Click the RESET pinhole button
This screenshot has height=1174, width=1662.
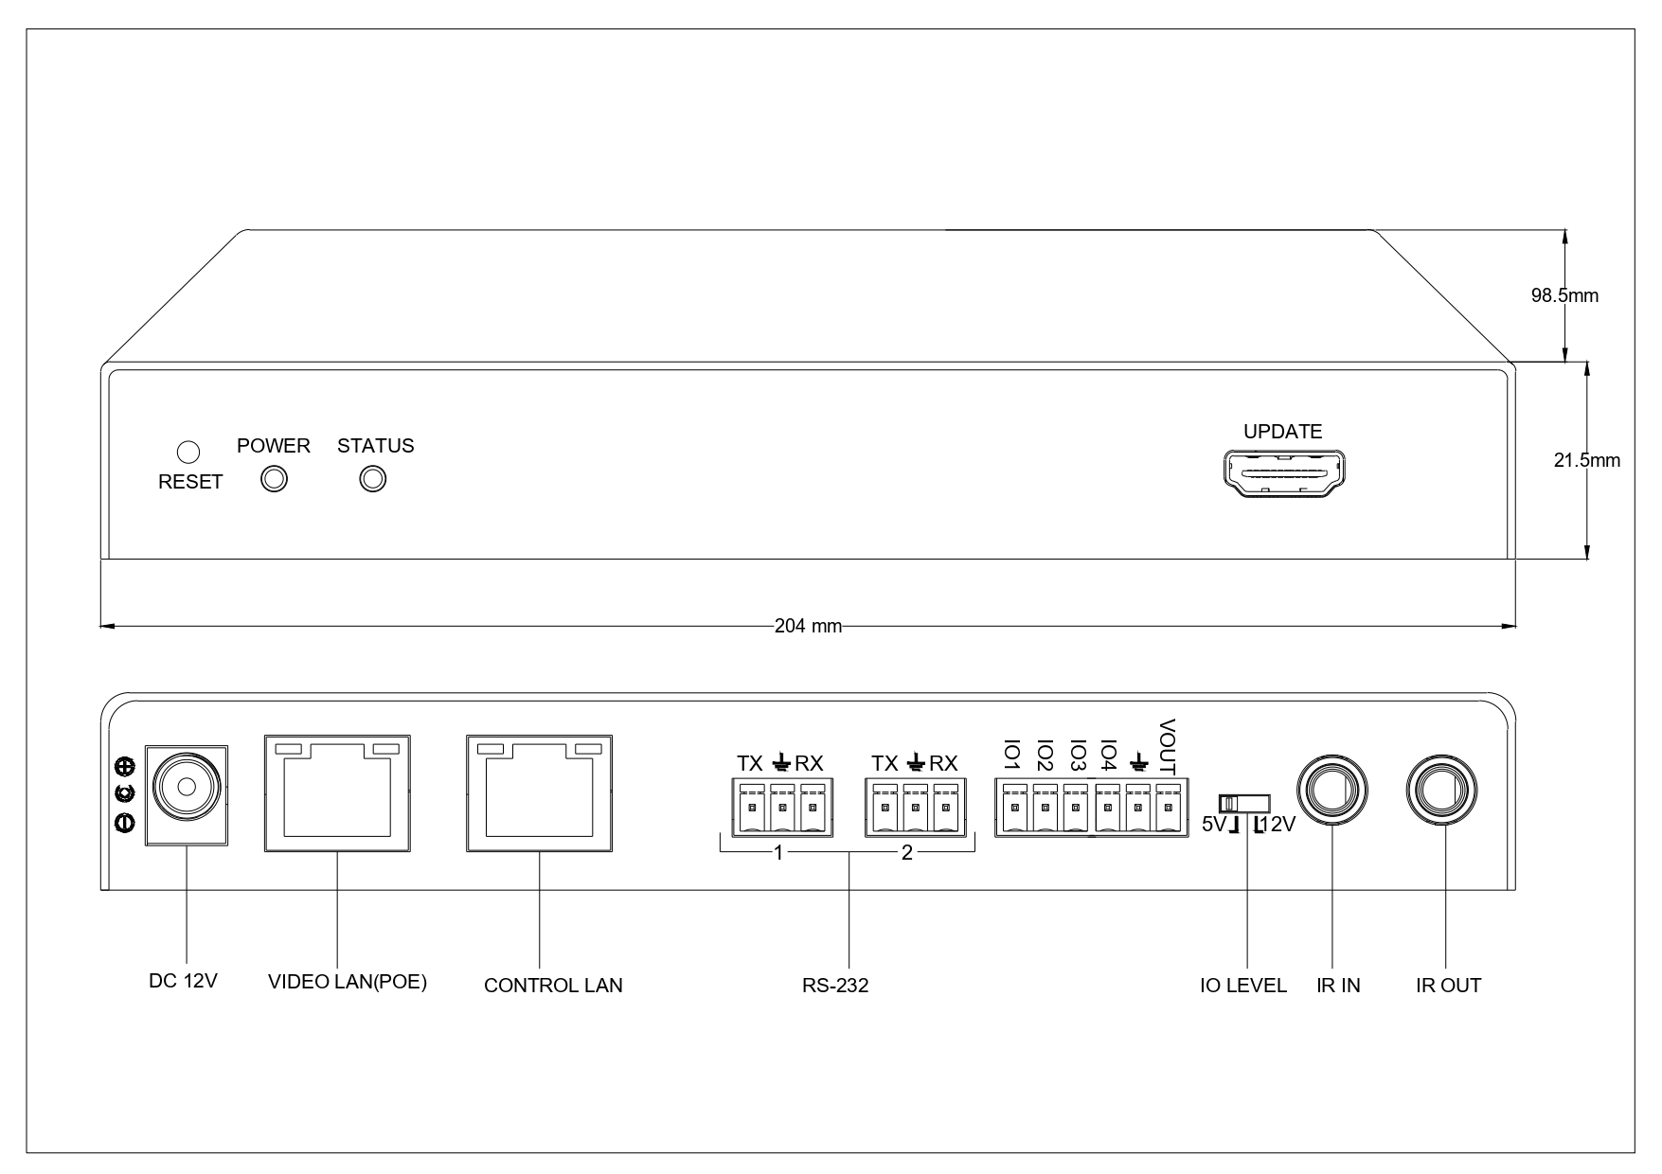click(x=188, y=452)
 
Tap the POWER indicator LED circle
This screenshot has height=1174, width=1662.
click(x=275, y=480)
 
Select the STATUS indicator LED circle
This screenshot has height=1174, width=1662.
click(x=374, y=480)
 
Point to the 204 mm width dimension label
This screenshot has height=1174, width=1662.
click(x=808, y=626)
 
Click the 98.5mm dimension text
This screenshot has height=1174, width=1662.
click(x=1564, y=295)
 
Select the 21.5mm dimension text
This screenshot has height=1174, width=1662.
click(x=1586, y=461)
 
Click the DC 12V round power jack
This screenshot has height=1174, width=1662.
click(x=186, y=787)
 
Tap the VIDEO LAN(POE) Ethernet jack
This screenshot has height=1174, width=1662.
click(x=337, y=792)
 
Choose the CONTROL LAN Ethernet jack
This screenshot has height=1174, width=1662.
click(x=539, y=792)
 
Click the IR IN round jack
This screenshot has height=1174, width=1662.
click(x=1331, y=789)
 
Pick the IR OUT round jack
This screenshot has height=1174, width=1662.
click(x=1443, y=789)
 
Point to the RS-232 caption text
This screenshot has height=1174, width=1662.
click(x=835, y=986)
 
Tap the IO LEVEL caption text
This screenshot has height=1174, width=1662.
click(x=1243, y=986)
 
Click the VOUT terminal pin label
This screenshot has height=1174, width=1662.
click(x=1167, y=746)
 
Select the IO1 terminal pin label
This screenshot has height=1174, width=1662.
click(x=1011, y=755)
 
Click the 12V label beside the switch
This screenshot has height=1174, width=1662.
click(x=1276, y=825)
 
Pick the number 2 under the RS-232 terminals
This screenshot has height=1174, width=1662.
click(x=907, y=853)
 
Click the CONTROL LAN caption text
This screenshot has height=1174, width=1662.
click(x=553, y=986)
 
